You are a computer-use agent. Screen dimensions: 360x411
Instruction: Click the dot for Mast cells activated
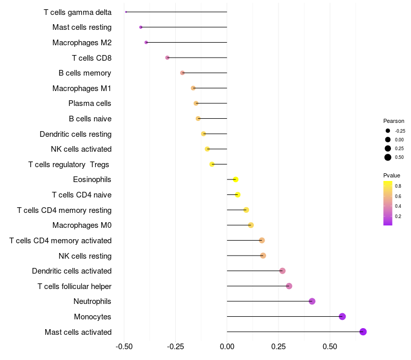tap(363, 332)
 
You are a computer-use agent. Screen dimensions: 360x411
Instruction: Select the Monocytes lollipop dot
tap(343, 316)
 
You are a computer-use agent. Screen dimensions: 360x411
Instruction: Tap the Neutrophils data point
tap(312, 301)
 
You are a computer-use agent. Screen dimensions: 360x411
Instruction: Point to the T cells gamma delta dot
tap(126, 12)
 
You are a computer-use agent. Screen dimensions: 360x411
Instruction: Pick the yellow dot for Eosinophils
tap(236, 179)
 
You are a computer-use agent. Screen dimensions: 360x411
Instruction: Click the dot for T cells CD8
tap(167, 58)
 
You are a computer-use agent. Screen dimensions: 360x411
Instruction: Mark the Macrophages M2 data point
tap(146, 42)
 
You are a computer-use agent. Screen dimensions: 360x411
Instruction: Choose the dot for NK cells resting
tap(263, 256)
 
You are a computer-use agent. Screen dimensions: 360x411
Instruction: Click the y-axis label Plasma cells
tap(90, 103)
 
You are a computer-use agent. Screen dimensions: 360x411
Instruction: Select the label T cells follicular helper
tap(74, 286)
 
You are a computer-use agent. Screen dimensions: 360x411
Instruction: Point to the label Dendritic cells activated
tap(71, 271)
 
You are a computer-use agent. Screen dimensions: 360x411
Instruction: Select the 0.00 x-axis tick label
tap(227, 347)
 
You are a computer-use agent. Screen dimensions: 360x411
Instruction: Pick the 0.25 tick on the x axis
tap(278, 347)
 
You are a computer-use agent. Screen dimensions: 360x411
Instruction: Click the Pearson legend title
tap(394, 121)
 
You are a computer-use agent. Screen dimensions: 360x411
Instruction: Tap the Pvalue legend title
tap(392, 175)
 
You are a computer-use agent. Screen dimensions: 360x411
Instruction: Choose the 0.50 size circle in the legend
tap(388, 157)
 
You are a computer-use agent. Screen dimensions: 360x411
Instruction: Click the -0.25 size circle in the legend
tap(388, 131)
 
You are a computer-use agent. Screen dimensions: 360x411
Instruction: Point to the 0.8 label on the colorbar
tap(398, 186)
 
